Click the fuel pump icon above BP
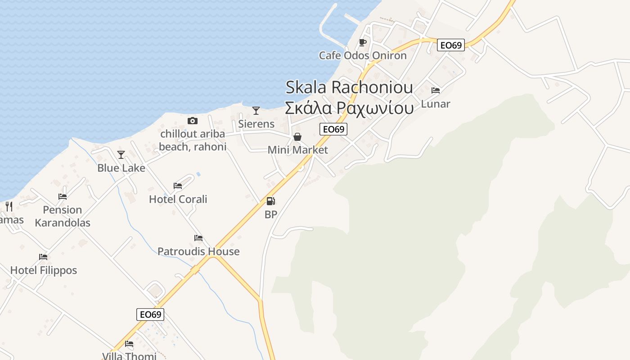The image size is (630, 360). pos(270,201)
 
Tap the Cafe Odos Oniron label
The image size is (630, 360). pos(363,55)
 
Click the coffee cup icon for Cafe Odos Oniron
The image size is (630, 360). pos(363,43)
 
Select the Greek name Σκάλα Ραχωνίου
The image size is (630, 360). pos(349,108)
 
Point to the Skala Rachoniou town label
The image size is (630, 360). pos(349,87)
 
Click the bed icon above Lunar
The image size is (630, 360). pos(436,90)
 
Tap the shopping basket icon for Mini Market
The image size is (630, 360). pos(297,137)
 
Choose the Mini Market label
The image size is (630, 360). pos(298,150)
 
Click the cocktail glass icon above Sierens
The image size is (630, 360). pos(256,111)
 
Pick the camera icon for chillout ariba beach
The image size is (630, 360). pos(193,121)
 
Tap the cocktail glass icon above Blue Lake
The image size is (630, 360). pos(121,155)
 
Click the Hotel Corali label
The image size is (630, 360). pos(178,199)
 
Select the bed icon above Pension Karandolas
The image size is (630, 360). pos(63,197)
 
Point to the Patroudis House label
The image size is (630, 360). pos(198,251)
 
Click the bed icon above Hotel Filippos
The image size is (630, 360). pos(43,257)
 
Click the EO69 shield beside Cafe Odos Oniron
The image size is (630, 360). pos(451,45)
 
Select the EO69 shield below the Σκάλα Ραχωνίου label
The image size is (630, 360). pos(333,129)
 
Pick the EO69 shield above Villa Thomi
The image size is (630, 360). pos(150,314)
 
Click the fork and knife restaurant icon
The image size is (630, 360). pos(9,207)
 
